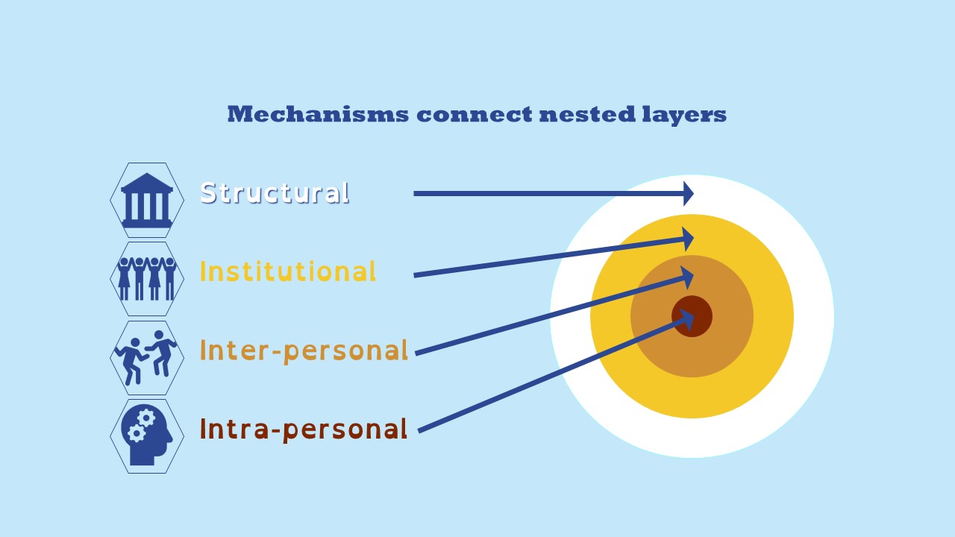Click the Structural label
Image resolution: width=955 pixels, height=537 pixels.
coord(275,192)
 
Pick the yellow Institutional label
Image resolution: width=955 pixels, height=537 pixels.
coord(287,271)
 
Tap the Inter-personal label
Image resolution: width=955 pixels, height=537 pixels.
coord(304,351)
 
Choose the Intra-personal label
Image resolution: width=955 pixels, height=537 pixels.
coord(304,429)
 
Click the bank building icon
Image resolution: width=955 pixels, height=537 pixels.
coord(147,200)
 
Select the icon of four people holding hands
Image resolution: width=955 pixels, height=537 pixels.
coord(147,279)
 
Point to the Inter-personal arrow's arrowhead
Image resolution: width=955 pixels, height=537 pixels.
coord(686,278)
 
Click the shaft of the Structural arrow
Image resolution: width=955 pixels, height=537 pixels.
coord(545,194)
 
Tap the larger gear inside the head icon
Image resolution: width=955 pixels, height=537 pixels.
coord(147,418)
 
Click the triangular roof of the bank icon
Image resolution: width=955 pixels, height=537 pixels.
coord(147,182)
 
